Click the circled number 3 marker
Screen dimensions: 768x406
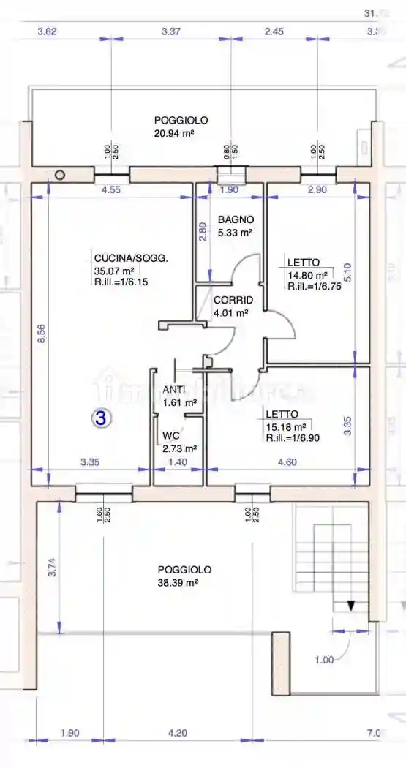[101, 418]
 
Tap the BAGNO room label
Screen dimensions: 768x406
[236, 219]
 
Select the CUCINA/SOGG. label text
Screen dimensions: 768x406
[131, 258]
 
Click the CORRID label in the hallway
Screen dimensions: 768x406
[233, 301]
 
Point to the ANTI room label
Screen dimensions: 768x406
[173, 390]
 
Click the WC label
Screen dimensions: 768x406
[170, 436]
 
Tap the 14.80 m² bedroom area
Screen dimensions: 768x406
[307, 275]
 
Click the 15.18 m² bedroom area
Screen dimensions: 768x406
[287, 426]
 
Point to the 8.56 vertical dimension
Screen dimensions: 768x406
[42, 334]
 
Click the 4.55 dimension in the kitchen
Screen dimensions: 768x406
[110, 190]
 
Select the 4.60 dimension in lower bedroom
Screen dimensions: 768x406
[286, 462]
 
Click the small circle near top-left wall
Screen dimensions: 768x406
[60, 175]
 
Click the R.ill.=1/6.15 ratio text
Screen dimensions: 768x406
[121, 282]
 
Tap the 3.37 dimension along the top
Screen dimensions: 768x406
[170, 31]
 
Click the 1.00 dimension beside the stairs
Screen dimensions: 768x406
[323, 660]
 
